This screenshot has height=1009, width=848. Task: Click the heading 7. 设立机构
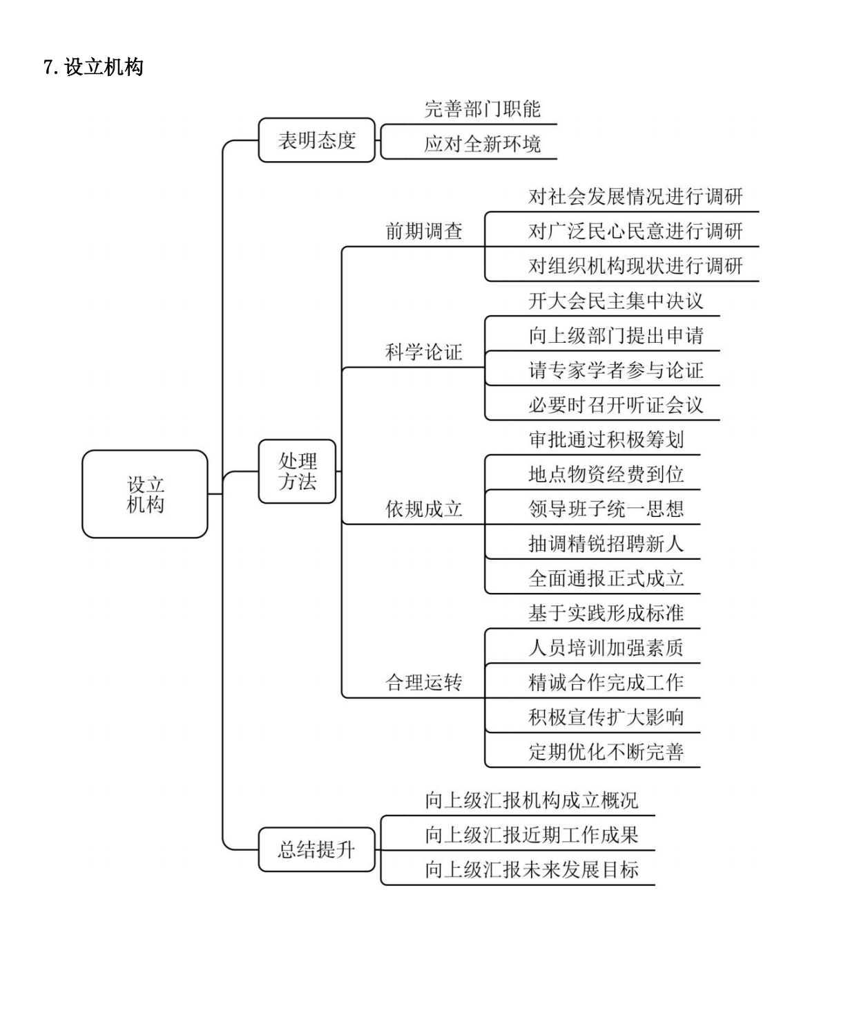94,66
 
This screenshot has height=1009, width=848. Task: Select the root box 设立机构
145,494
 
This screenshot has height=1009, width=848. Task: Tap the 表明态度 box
317,140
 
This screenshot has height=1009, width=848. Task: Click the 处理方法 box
297,471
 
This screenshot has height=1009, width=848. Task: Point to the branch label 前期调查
424,231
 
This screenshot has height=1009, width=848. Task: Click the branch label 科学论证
424,352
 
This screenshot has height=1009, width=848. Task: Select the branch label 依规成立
424,509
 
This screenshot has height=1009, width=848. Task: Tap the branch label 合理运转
424,682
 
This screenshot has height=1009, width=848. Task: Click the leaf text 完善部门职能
483,109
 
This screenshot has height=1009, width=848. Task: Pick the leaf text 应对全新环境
483,144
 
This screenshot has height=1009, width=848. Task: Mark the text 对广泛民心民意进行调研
635,231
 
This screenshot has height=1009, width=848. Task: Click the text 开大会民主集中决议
616,301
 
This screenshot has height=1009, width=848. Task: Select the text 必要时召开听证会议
616,404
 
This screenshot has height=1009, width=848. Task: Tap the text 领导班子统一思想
606,509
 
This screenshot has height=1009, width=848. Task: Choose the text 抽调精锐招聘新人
606,544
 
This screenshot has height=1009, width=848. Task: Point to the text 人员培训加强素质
606,648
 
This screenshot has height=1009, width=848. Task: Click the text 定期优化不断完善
606,752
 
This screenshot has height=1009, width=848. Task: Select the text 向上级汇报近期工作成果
532,835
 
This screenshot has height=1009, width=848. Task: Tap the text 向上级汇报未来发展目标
532,869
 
